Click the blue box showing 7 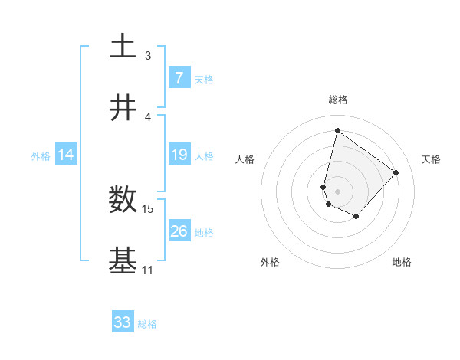pyautogui.click(x=179, y=77)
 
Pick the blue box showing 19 pyautogui.click(x=179, y=155)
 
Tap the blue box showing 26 pyautogui.click(x=179, y=231)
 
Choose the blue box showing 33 pyautogui.click(x=123, y=322)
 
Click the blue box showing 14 pyautogui.click(x=66, y=155)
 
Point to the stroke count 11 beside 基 pyautogui.click(x=147, y=270)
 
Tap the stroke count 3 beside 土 pyautogui.click(x=148, y=56)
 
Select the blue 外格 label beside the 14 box pyautogui.click(x=41, y=155)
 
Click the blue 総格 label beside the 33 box pyautogui.click(x=147, y=324)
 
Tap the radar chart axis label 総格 pyautogui.click(x=338, y=100)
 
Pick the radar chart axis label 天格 pyautogui.click(x=431, y=159)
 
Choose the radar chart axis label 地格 pyautogui.click(x=402, y=262)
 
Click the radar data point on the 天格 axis pyautogui.click(x=396, y=172)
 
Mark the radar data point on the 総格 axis pyautogui.click(x=337, y=131)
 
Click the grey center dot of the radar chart pyautogui.click(x=338, y=191)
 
